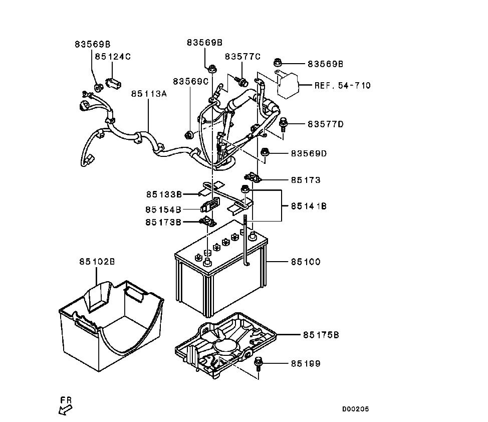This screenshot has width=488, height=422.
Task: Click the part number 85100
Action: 306,262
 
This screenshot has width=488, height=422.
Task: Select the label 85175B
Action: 321,335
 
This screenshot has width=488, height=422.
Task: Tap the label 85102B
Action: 97,262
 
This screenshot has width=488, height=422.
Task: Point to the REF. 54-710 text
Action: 342,85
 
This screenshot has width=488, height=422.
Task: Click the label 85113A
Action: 149,93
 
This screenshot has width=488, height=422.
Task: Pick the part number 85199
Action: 306,363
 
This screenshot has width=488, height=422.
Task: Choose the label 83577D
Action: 326,124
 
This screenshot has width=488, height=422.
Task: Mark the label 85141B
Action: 309,206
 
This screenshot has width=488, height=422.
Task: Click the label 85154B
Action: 163,209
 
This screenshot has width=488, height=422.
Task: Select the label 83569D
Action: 309,153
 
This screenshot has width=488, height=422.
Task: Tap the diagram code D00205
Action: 355,409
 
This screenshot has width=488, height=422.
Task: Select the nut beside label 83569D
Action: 265,152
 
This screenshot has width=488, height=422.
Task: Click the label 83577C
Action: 242,56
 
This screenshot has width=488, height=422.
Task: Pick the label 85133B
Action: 164,194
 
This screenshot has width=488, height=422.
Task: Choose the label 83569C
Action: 190,81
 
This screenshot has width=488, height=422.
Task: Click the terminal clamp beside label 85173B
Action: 207,222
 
